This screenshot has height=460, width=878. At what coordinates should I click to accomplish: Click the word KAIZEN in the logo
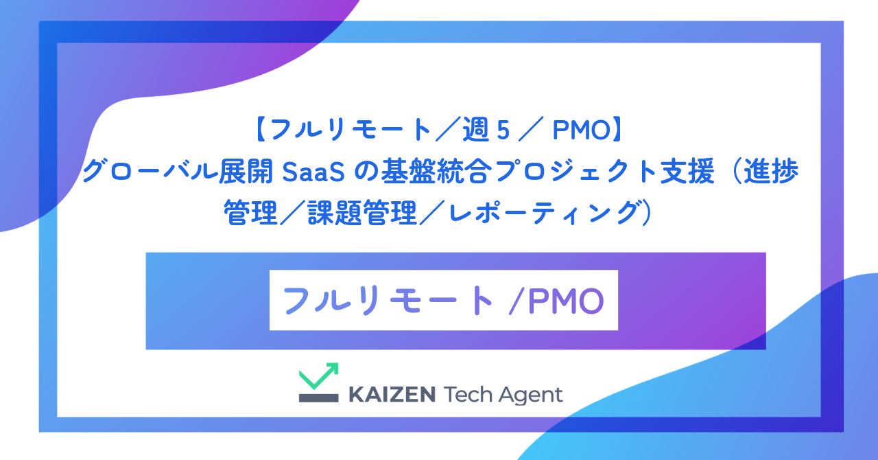(392, 395)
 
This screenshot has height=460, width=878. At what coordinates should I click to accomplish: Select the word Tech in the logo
(471, 395)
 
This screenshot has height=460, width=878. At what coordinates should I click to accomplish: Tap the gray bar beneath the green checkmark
(319, 398)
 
